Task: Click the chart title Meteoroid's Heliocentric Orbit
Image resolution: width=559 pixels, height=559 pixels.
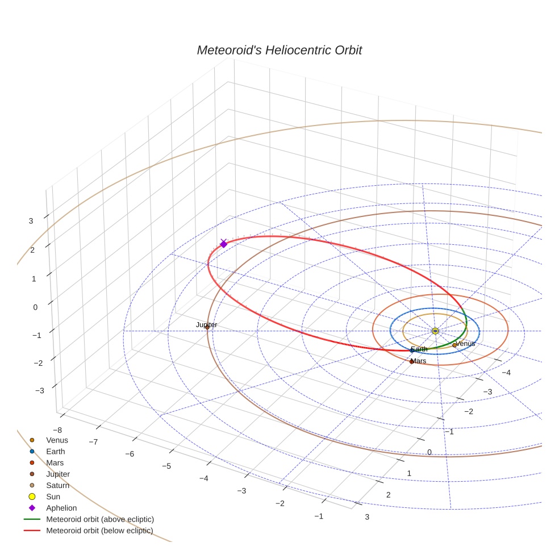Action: click(279, 51)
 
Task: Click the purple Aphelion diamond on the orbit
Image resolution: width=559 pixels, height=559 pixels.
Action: click(223, 244)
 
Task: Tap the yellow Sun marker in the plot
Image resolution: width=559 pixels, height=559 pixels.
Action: click(435, 331)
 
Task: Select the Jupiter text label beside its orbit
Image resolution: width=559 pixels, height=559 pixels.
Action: click(207, 325)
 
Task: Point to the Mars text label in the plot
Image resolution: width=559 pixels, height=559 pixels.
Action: click(419, 361)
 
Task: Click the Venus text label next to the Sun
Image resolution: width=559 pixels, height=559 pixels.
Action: click(465, 344)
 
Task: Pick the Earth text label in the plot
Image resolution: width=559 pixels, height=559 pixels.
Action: click(419, 349)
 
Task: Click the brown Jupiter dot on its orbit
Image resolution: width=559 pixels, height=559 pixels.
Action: click(207, 327)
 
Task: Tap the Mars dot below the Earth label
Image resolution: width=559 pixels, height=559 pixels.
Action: click(412, 361)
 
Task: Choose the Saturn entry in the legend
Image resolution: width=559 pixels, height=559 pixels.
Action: click(57, 485)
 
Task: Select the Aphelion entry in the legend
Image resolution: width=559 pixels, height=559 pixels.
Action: click(61, 508)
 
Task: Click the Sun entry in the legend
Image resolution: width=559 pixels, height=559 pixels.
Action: click(53, 497)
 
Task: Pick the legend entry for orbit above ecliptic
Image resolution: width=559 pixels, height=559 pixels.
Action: click(100, 519)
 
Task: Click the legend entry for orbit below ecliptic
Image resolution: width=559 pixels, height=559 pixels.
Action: click(99, 531)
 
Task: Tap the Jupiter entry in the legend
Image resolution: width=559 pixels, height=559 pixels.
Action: click(58, 474)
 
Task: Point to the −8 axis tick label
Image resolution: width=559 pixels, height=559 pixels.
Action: click(57, 430)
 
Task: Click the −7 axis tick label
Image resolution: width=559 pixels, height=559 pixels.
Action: click(94, 441)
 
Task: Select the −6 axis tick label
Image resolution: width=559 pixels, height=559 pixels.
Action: click(130, 454)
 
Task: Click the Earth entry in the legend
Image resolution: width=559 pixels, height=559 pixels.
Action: click(56, 451)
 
